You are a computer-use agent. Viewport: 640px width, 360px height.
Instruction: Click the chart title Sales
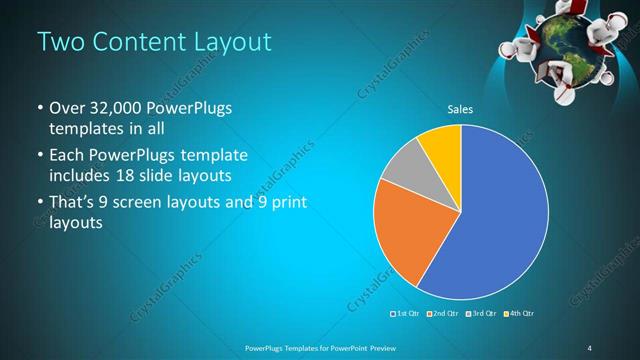click(460, 110)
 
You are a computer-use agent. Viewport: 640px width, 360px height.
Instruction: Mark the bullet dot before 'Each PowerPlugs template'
click(39, 155)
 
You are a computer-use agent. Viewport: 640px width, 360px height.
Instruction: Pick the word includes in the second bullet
click(76, 176)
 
